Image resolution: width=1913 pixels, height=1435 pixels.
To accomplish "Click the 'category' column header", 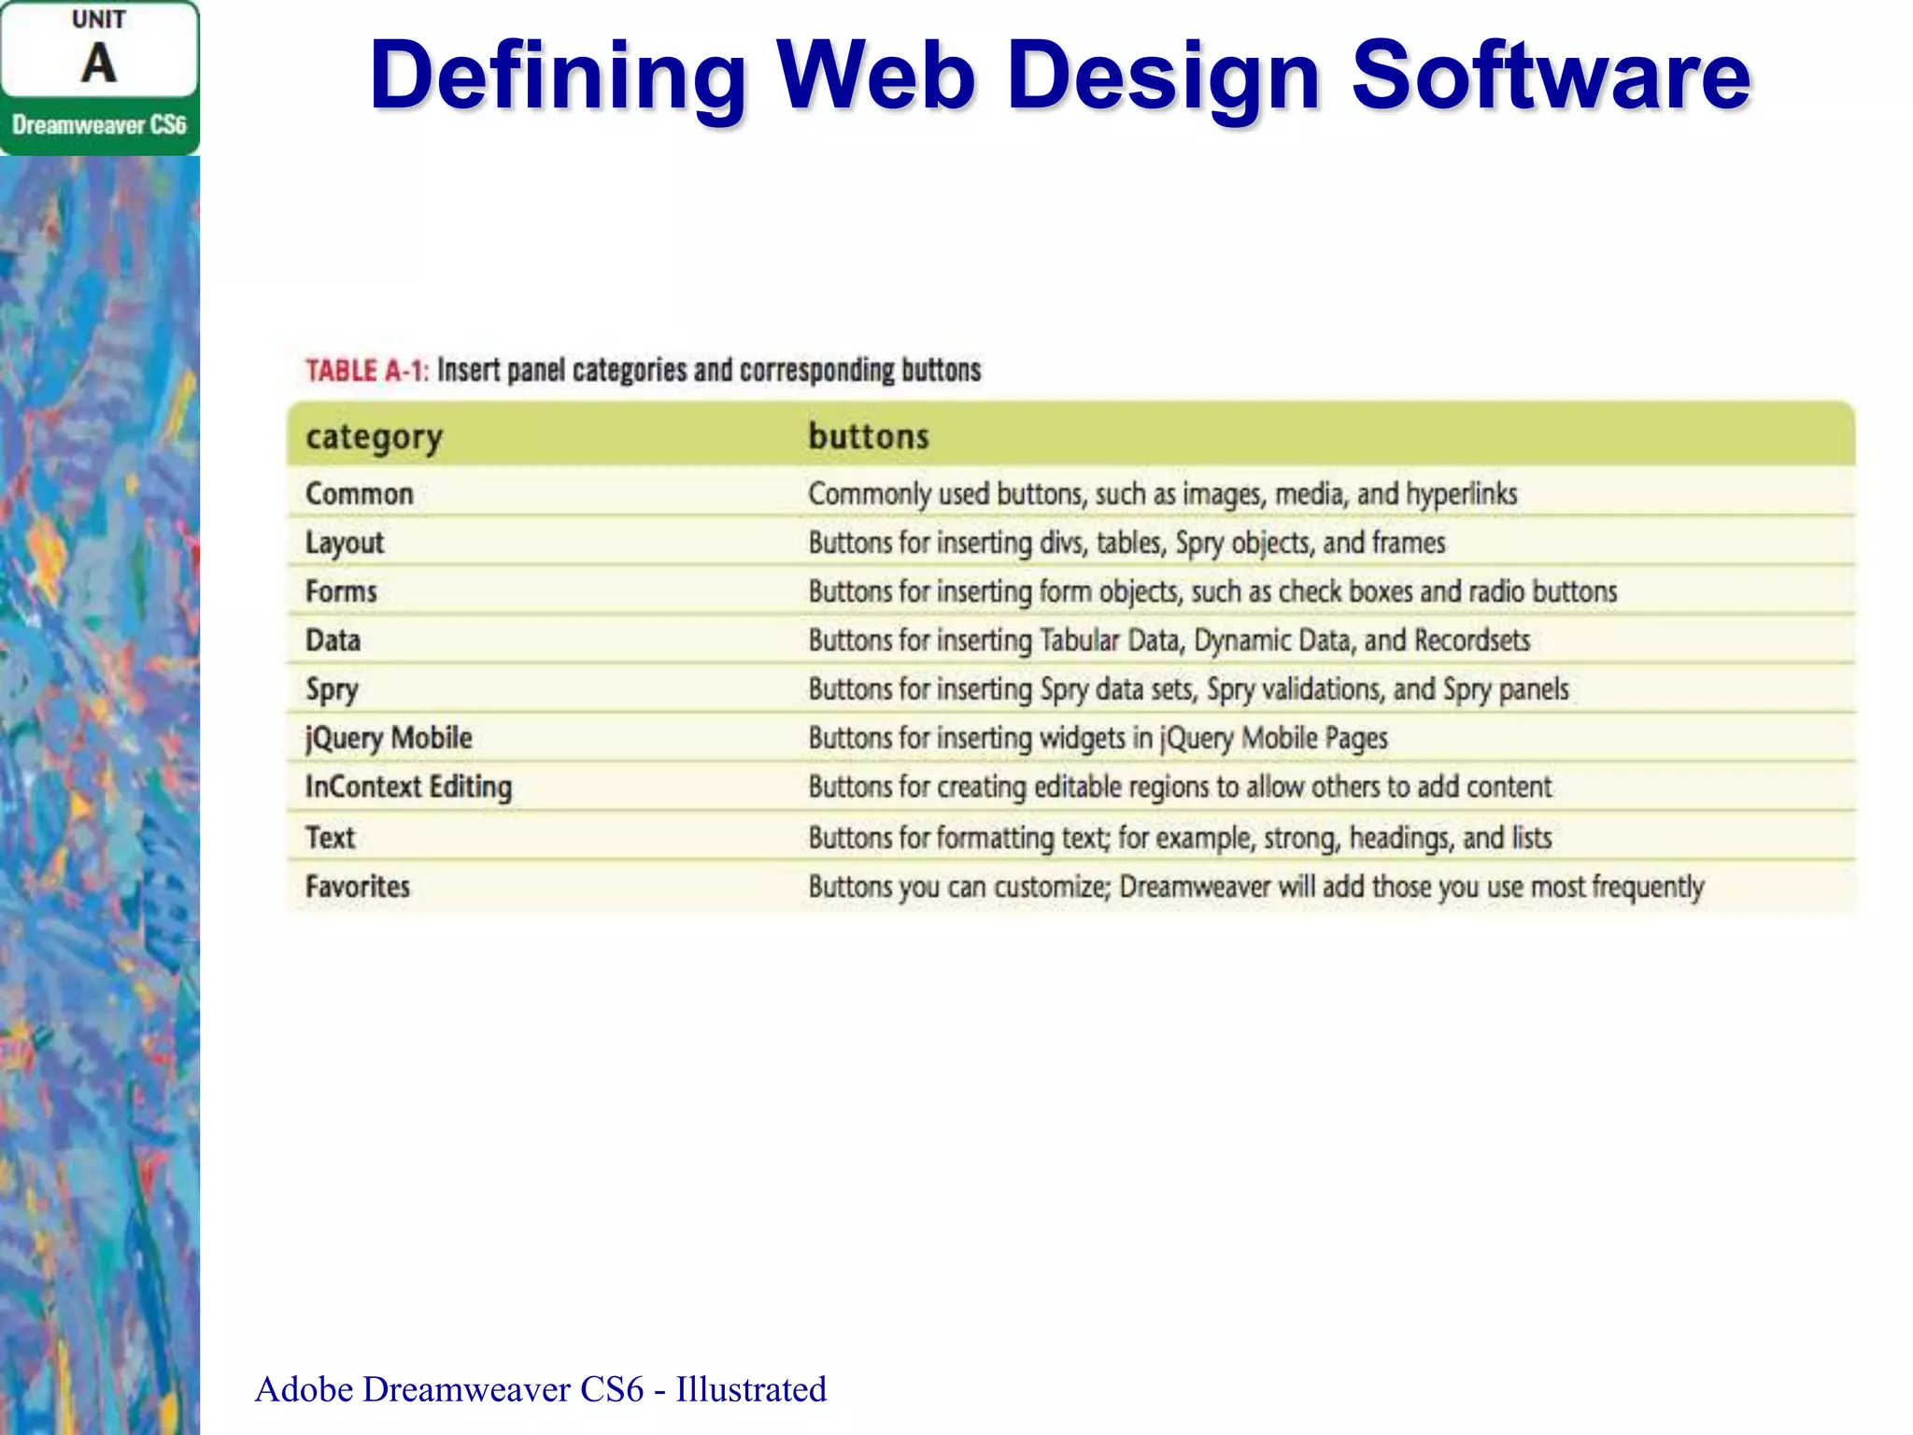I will [x=374, y=437].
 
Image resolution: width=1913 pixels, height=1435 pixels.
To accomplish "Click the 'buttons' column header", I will [x=868, y=436].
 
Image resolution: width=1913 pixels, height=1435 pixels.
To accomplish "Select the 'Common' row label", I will [x=359, y=493].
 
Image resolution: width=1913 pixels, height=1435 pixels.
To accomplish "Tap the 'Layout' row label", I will [x=344, y=543].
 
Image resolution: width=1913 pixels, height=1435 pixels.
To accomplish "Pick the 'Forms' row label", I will [x=341, y=591].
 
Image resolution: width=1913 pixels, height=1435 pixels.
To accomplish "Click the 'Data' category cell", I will [x=333, y=640].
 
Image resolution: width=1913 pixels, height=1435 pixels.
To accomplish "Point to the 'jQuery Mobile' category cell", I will [x=389, y=738].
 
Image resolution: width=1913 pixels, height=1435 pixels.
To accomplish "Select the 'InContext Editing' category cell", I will [x=408, y=787].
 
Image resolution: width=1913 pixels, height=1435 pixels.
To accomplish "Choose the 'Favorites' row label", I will [x=357, y=886].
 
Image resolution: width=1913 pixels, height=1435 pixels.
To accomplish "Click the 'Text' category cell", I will [x=330, y=837].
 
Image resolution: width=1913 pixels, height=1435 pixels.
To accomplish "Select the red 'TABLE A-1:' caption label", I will [x=366, y=371].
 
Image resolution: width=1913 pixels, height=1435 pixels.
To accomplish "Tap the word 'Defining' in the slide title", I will [x=557, y=77].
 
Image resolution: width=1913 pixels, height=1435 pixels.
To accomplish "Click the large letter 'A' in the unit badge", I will [x=98, y=64].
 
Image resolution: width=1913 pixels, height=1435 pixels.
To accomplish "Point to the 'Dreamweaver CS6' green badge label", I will [x=99, y=125].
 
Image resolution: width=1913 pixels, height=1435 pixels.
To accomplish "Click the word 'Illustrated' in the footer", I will [x=751, y=1389].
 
